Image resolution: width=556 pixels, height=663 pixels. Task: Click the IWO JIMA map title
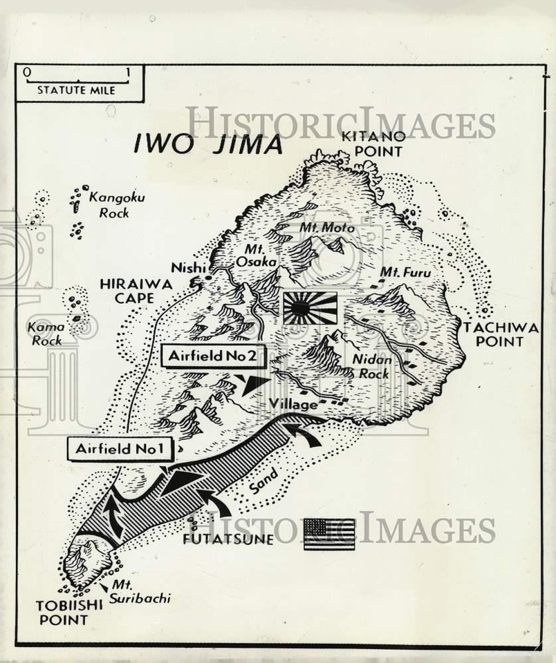click(208, 145)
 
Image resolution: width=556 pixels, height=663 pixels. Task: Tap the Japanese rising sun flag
click(310, 308)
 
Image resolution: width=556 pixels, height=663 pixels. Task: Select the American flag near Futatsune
click(329, 534)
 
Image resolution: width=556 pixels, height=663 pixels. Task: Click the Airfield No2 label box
click(214, 356)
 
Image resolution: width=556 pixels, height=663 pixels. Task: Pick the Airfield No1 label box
click(118, 449)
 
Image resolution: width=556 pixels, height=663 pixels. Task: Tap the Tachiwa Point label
click(501, 335)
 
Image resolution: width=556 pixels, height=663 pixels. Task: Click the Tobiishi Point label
click(64, 612)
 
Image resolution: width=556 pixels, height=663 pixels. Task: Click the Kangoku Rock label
click(115, 205)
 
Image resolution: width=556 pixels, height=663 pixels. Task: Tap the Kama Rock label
click(46, 333)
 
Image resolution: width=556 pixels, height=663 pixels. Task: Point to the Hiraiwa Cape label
click(126, 291)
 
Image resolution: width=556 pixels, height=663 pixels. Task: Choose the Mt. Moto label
click(326, 227)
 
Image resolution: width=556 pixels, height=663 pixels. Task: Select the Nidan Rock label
click(372, 366)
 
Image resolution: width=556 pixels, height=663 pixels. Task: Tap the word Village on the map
click(293, 404)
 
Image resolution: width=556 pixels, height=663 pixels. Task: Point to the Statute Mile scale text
click(76, 90)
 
